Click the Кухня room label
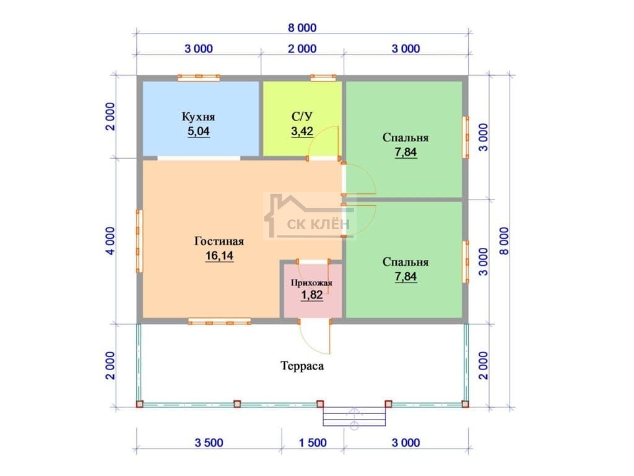click(198, 117)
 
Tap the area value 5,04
click(198, 131)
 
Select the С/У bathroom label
click(302, 117)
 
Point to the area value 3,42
click(302, 131)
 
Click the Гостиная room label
click(219, 241)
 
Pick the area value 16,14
click(219, 256)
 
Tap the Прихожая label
click(311, 283)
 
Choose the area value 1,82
click(312, 295)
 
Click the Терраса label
click(302, 366)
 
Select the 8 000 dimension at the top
click(302, 28)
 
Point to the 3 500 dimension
click(209, 443)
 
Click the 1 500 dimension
click(313, 443)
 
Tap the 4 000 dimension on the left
click(110, 241)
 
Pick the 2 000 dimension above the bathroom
click(302, 48)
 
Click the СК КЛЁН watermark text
click(318, 224)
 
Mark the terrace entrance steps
click(354, 416)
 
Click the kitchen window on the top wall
click(199, 77)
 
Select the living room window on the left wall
click(139, 241)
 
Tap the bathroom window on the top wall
click(323, 77)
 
